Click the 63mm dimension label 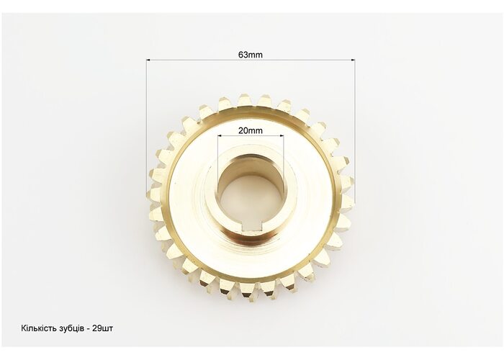coord(251,55)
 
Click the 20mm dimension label coord(251,130)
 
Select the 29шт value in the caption coord(102,328)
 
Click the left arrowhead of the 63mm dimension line coord(148,60)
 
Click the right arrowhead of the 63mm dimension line coord(353,60)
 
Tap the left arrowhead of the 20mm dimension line coord(220,136)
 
